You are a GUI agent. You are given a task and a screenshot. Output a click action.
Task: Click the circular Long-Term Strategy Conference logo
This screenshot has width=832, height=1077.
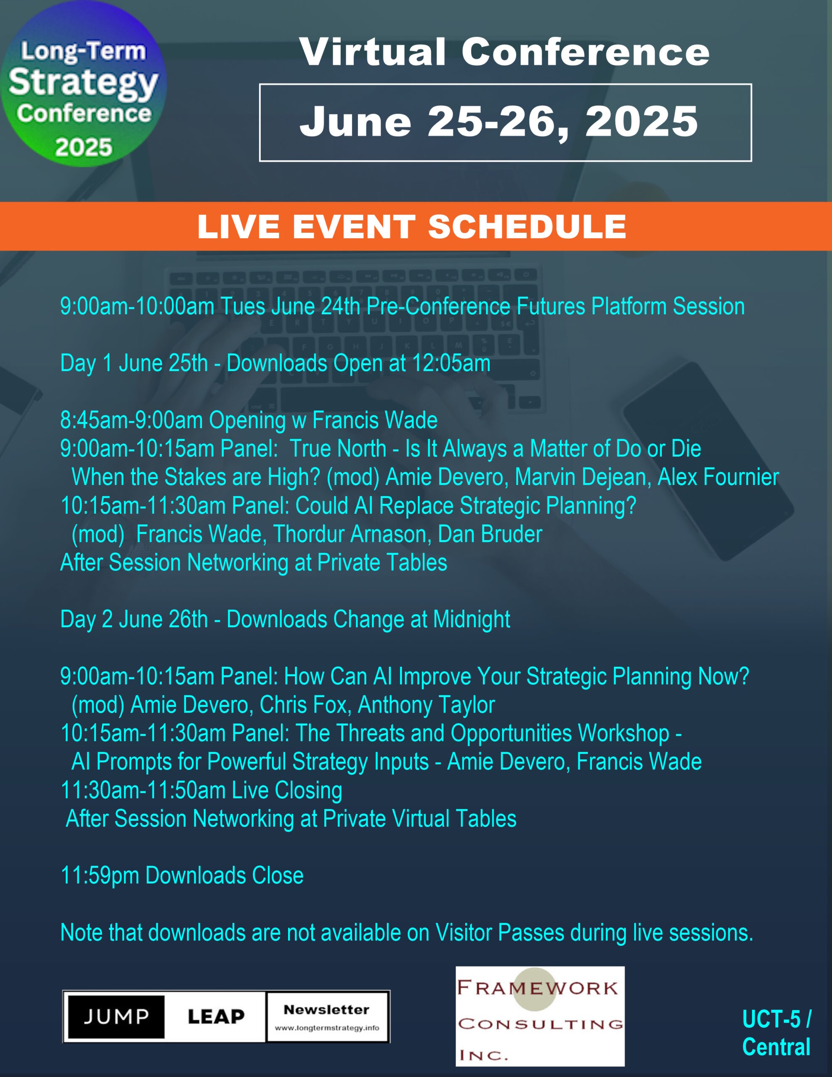pos(83,84)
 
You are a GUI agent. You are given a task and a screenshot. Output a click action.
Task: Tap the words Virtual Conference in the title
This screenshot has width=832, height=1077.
pos(504,52)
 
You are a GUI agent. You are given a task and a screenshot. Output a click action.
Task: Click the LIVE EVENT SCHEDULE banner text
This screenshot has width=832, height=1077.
pos(412,226)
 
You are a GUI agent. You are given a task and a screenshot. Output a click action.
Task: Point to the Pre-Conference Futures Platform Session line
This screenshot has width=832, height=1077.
pos(403,306)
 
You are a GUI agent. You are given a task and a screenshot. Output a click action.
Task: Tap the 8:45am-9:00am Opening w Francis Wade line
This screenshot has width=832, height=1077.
pos(249,420)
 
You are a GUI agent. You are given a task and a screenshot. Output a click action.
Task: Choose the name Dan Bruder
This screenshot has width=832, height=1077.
pos(490,534)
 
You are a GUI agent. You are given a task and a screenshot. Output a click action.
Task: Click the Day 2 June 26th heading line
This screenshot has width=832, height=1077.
pos(285,619)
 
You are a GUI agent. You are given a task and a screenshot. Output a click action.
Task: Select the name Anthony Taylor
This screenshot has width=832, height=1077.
pos(426,705)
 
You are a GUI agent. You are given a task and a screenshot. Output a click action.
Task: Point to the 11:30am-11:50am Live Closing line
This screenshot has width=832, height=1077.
pos(201,790)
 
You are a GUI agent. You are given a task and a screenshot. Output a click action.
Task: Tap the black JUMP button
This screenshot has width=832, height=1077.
pos(117,1017)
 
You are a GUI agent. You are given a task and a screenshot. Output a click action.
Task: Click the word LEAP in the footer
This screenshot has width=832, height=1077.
pos(216,1017)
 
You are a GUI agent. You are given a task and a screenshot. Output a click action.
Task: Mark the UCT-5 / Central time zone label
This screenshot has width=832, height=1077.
pos(776,1033)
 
